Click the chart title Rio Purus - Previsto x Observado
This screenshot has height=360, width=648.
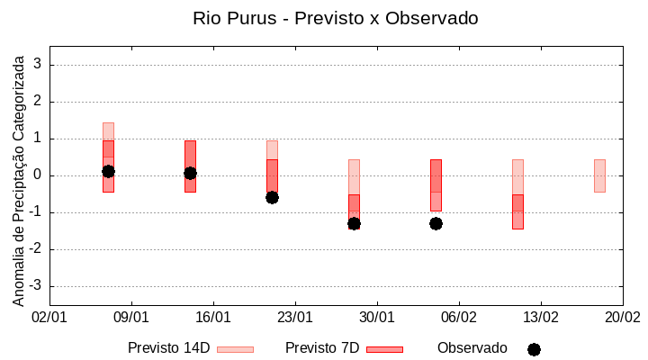[335, 18]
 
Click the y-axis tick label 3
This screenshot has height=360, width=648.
[38, 65]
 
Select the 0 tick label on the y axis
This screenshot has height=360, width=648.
[38, 175]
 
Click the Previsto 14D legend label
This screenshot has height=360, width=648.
[168, 348]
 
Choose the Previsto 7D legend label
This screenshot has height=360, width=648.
[321, 348]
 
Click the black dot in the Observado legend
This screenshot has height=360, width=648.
[534, 349]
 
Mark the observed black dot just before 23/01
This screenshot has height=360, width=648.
[272, 197]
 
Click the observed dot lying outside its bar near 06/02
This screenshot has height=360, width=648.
[436, 223]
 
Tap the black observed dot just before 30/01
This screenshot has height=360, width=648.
[354, 223]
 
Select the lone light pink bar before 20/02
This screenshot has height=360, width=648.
[599, 175]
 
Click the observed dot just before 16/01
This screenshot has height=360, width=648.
[190, 173]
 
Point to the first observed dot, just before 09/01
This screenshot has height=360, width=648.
[108, 171]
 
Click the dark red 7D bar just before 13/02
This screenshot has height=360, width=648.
[517, 212]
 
